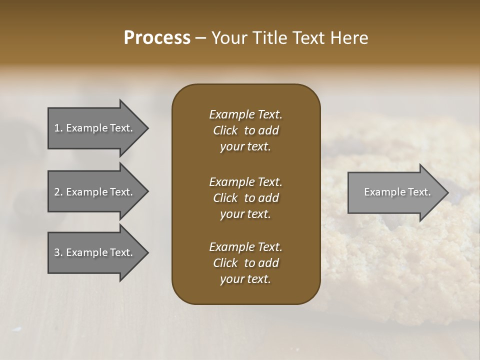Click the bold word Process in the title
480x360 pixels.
157,38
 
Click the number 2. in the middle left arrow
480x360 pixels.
58,192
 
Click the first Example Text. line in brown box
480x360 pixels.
245,114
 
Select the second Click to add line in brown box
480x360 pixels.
245,198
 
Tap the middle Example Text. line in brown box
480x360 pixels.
245,181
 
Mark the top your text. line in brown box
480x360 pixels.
245,147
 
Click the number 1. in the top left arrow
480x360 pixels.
58,128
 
